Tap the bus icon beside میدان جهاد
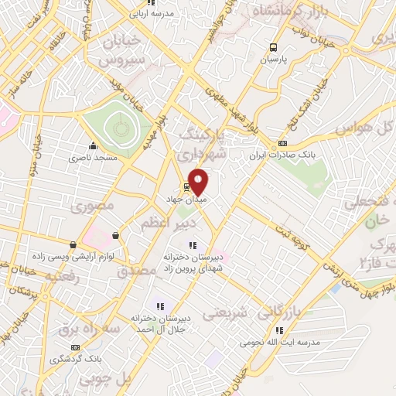[x=186, y=187]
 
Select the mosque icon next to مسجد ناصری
[x=93, y=145]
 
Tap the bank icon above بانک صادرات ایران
[x=282, y=142]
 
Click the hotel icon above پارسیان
[x=272, y=46]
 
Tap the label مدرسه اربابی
[x=148, y=14]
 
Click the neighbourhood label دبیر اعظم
[x=169, y=223]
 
